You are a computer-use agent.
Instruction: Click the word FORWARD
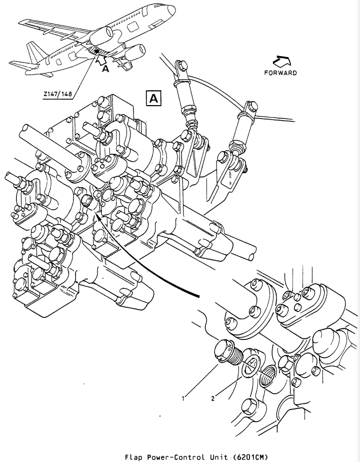coord(280,73)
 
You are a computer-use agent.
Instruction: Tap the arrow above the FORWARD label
coord(281,61)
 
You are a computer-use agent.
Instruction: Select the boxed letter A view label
coord(153,98)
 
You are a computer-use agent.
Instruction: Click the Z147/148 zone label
coord(57,94)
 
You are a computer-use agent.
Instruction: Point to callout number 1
coord(183,398)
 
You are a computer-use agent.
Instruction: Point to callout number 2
coord(212,398)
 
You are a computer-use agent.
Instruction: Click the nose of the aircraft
coord(172,11)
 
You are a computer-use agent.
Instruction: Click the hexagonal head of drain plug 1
coord(223,350)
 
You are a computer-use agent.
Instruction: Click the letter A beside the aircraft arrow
coord(105,69)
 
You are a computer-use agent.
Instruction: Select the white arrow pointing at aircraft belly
coord(100,59)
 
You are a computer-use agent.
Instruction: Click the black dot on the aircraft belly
coord(96,51)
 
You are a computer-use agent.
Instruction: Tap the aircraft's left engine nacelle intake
coord(109,32)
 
